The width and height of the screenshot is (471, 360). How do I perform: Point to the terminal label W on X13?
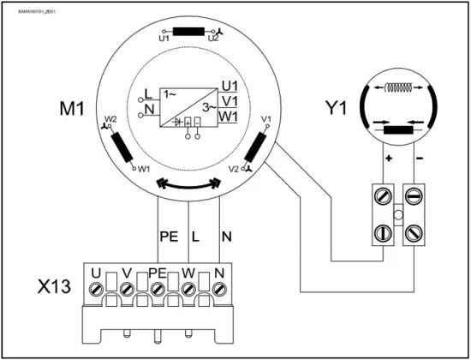189,273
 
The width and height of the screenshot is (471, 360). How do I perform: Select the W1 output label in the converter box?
228,115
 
